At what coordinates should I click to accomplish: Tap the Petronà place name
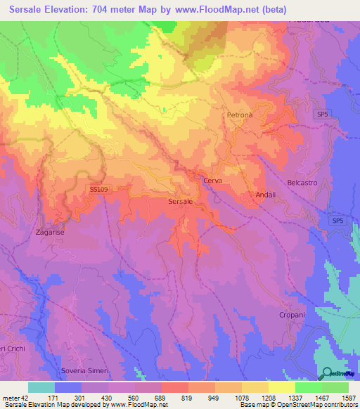[x=240, y=114]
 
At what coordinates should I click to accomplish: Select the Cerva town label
[x=212, y=181]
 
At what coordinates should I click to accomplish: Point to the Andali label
[x=264, y=195]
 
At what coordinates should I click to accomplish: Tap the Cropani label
[x=292, y=315]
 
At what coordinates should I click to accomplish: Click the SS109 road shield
[x=98, y=189]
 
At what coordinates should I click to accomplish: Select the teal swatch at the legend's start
[x=41, y=387]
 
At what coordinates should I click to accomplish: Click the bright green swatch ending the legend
[x=335, y=387]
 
